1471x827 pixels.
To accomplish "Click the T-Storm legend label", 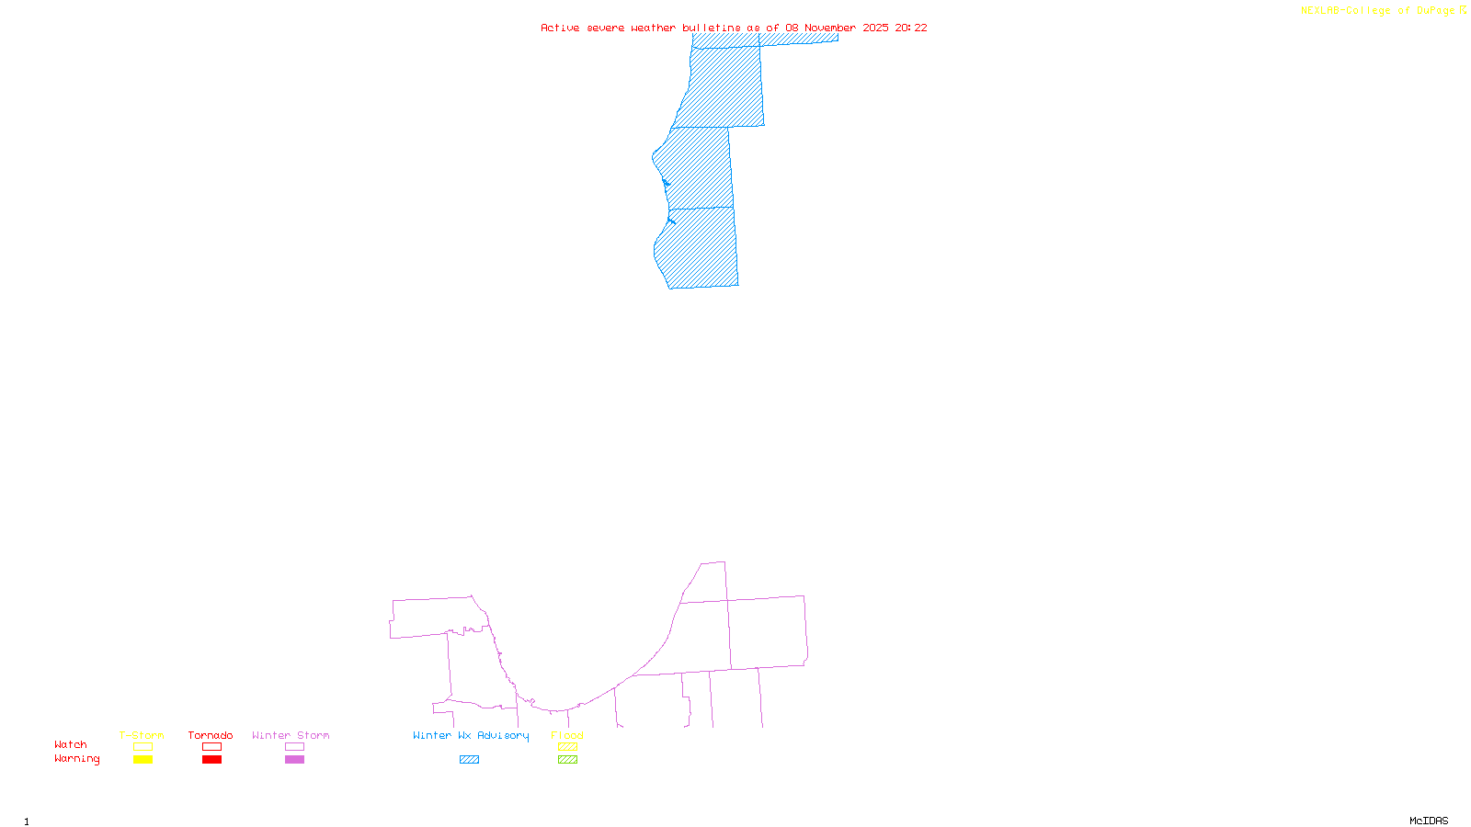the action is pyautogui.click(x=142, y=735).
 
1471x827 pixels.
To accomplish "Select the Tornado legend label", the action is pyautogui.click(x=211, y=735).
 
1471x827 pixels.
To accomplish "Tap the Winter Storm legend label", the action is pyautogui.click(x=291, y=735).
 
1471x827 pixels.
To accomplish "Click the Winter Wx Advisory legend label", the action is pyautogui.click(x=471, y=735).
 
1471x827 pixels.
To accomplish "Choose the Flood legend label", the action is pyautogui.click(x=567, y=735).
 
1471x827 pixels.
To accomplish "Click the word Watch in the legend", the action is pyautogui.click(x=71, y=744).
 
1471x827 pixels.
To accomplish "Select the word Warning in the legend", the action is pyautogui.click(x=77, y=759).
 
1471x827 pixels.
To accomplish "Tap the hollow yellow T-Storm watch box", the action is pyautogui.click(x=143, y=747).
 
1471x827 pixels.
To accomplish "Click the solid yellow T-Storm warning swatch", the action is pyautogui.click(x=143, y=760).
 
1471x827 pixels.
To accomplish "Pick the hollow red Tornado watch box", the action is pyautogui.click(x=211, y=747).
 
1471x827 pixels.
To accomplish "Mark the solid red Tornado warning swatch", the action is pyautogui.click(x=211, y=760).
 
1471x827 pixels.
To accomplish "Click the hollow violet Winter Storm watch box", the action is pyautogui.click(x=294, y=747).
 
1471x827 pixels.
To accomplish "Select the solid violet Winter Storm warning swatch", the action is pyautogui.click(x=294, y=760).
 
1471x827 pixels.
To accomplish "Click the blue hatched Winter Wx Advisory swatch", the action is pyautogui.click(x=469, y=760).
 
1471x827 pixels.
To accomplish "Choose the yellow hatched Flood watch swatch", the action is pyautogui.click(x=567, y=747).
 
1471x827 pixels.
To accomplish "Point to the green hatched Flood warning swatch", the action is pyautogui.click(x=567, y=760).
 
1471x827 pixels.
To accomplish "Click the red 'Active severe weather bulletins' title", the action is pyautogui.click(x=734, y=28).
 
